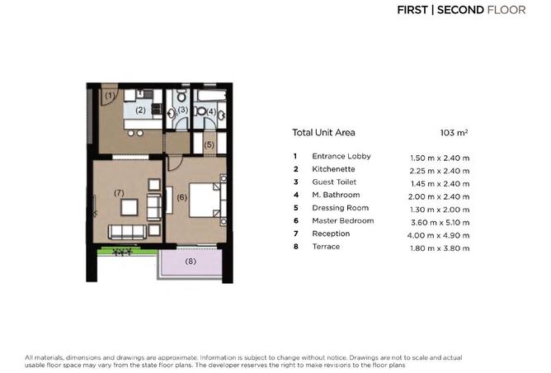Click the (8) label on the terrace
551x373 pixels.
pos(191,262)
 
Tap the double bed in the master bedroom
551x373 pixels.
pos(205,200)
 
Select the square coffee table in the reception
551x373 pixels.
pos(130,207)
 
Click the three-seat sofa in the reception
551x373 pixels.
pos(127,232)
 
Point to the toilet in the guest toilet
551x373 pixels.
pos(181,95)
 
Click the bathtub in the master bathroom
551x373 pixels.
pos(210,96)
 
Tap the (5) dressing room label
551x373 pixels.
pos(209,144)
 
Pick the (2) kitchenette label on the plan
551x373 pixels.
pos(140,110)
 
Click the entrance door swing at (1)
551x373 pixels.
pos(107,97)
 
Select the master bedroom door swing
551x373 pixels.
pos(175,163)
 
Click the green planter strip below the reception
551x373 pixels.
pos(128,252)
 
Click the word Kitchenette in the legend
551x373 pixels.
pos(333,169)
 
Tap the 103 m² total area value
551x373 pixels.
pos(454,133)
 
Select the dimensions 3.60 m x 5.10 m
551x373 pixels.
pos(440,223)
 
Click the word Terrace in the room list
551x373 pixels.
pos(326,247)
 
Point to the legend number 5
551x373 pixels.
pos(296,208)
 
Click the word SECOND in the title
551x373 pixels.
pos(460,10)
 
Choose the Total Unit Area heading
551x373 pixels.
pos(323,133)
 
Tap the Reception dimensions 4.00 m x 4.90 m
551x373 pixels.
pos(438,235)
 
